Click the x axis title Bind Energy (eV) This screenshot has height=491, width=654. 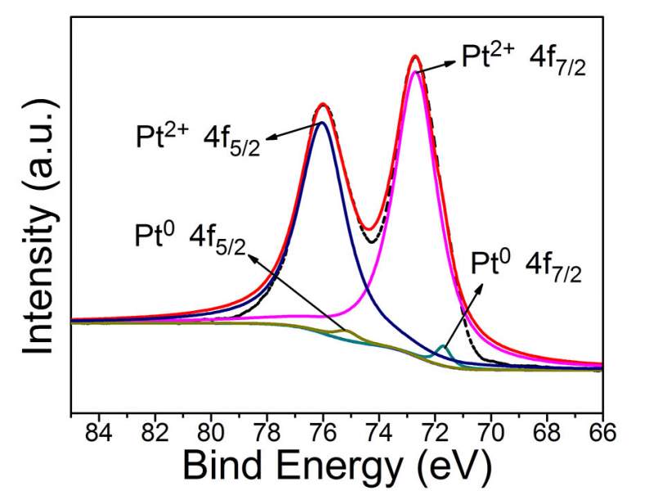[x=337, y=466]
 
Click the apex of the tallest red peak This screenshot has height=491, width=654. [x=415, y=56]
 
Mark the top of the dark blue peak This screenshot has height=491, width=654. [x=322, y=123]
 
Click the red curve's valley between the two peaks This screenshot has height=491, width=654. [x=370, y=229]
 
